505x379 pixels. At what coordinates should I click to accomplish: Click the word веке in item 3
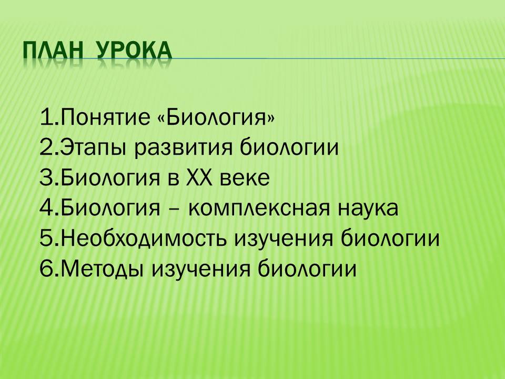(x=245, y=178)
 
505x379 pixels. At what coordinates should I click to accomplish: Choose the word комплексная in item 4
(x=259, y=208)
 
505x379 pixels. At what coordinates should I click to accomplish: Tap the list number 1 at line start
(x=46, y=117)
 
